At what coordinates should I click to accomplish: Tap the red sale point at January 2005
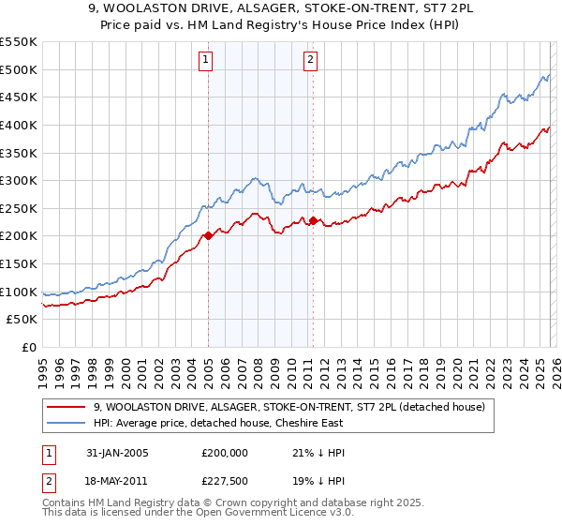pyautogui.click(x=208, y=235)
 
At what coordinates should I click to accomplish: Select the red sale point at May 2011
pyautogui.click(x=312, y=221)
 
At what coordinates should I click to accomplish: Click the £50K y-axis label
pyautogui.click(x=22, y=320)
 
